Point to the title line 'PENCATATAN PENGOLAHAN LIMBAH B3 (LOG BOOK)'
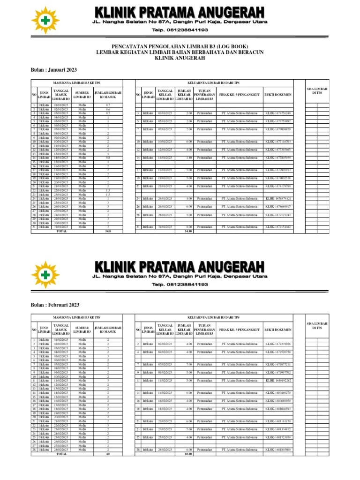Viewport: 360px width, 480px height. tap(180, 46)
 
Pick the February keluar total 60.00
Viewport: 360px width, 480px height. tap(188, 454)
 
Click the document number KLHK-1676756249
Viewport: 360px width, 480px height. tap(278, 113)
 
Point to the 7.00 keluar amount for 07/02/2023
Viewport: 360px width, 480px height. tap(188, 364)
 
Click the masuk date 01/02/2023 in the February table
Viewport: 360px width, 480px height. tap(61, 339)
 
